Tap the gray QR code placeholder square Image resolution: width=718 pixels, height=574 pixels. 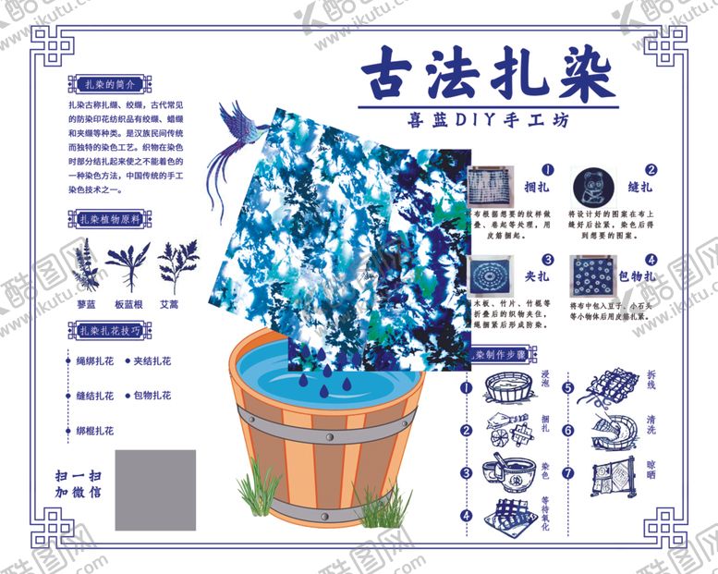pyautogui.click(x=155, y=489)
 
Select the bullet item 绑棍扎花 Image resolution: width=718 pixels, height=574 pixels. pyautogui.click(x=95, y=430)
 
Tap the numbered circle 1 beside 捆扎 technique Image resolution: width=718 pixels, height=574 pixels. pyautogui.click(x=547, y=170)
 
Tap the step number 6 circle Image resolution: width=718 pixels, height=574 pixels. pyautogui.click(x=568, y=430)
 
